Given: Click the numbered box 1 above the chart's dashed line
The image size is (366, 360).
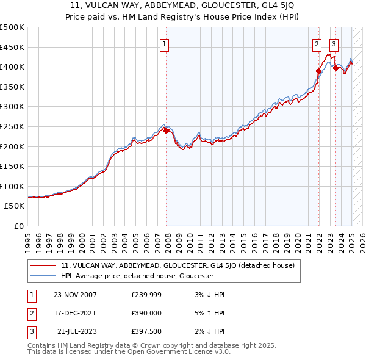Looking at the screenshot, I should tap(165, 44).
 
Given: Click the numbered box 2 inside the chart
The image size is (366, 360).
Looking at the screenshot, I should tap(317, 44).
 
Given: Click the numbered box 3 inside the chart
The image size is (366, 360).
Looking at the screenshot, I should tap(334, 44).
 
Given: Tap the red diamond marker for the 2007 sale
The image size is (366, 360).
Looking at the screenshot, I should tap(167, 131).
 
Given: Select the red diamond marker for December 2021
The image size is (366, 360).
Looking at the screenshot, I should tap(318, 71).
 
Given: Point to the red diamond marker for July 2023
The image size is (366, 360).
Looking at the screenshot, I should tap(335, 68).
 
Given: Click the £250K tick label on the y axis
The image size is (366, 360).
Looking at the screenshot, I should tap(12, 126).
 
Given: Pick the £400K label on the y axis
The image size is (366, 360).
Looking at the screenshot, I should tap(12, 67).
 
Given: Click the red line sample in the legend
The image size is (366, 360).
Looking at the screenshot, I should tap(43, 265).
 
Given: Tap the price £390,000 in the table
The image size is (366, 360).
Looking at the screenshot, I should tap(146, 313).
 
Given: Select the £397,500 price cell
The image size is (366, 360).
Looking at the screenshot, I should tap(146, 331).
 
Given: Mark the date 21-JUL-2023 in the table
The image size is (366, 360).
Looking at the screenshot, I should tap(76, 331).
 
